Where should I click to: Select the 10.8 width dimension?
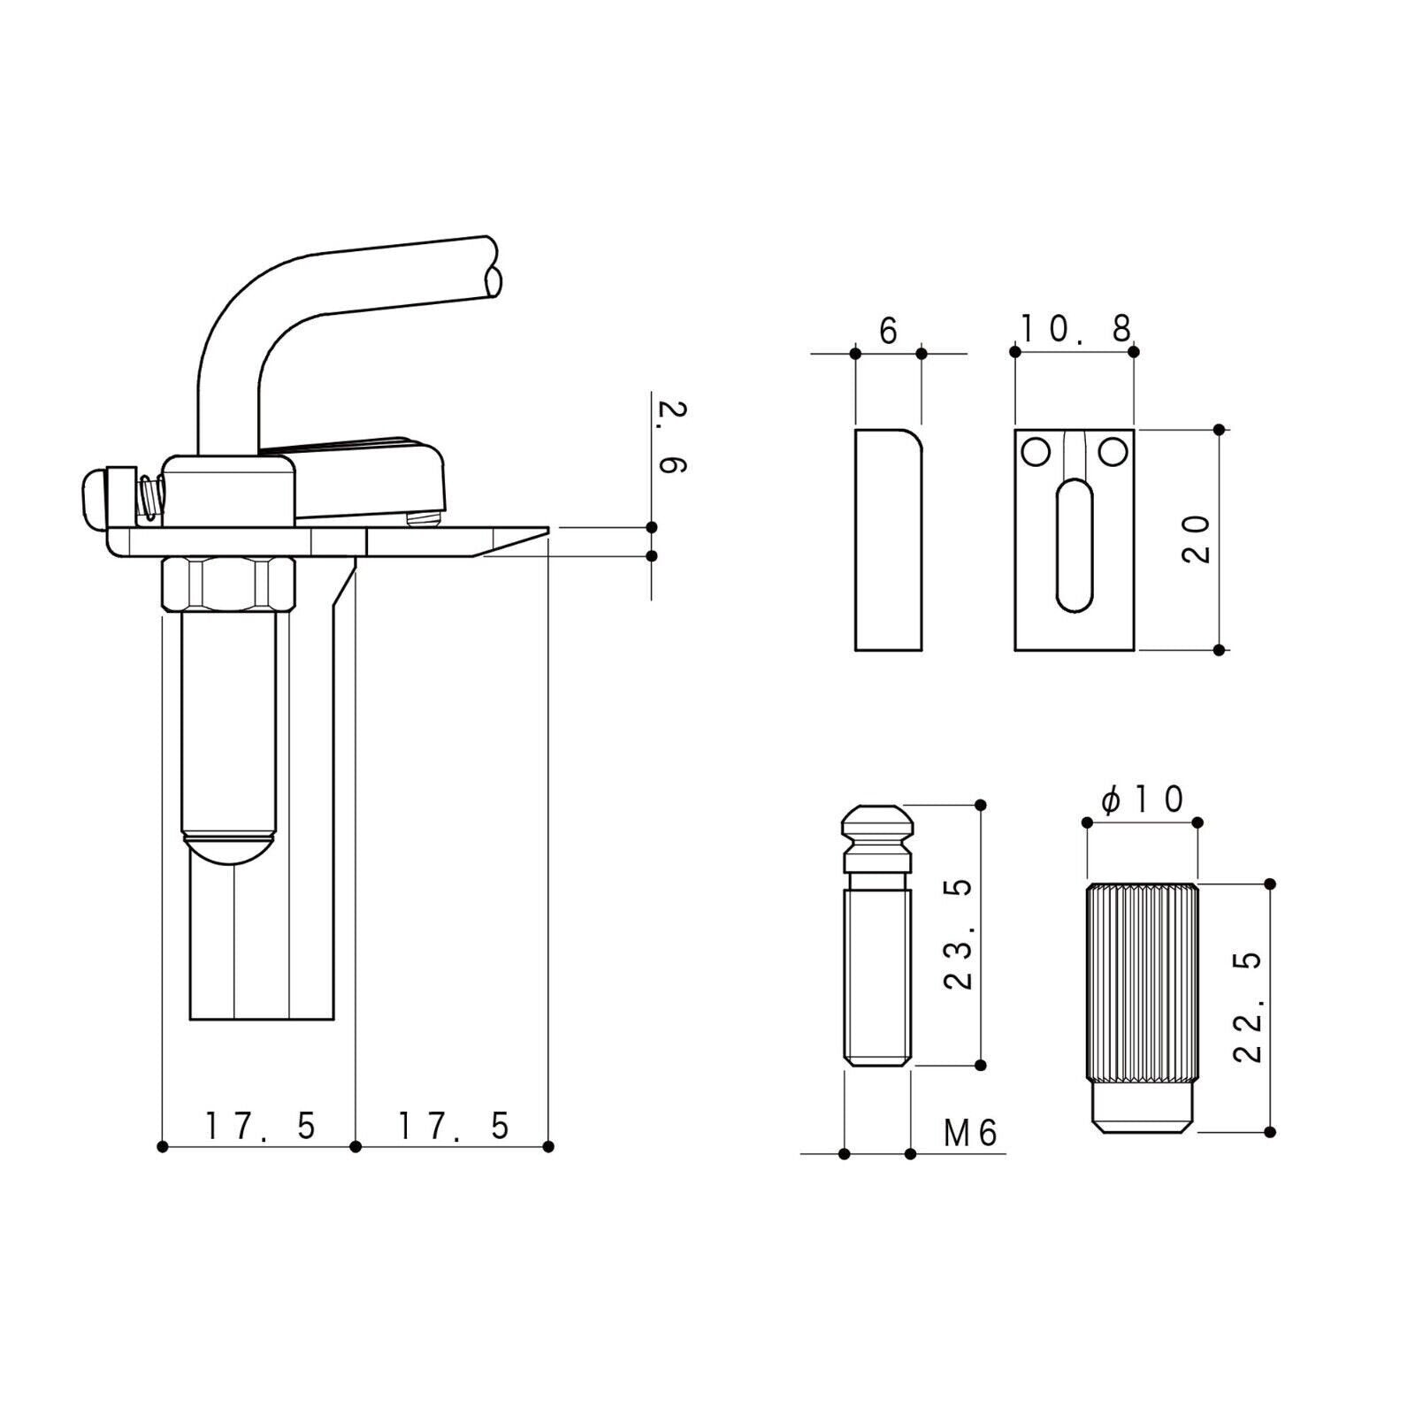point(1076,329)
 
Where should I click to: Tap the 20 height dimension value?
point(1196,540)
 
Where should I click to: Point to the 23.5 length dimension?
point(958,934)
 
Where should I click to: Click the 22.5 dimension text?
point(1247,1006)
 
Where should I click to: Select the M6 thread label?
point(970,1133)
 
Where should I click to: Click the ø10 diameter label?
point(1142,800)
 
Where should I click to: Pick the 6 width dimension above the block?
point(888,331)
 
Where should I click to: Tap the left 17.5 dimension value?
point(260,1126)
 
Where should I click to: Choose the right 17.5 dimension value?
point(454,1126)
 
